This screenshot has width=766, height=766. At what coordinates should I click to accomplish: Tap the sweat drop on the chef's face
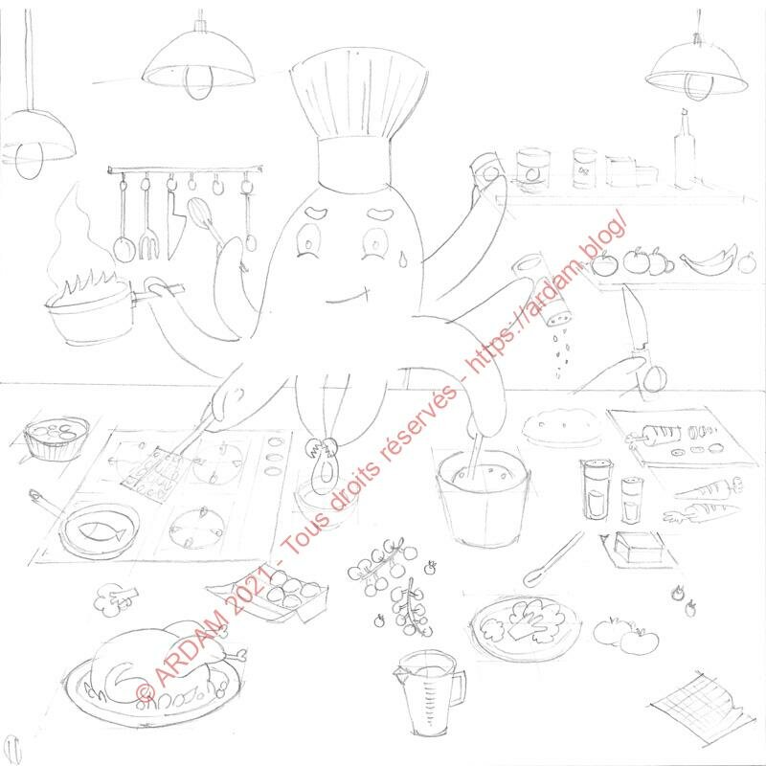(x=402, y=259)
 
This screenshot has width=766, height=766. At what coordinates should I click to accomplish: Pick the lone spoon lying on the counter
(x=553, y=559)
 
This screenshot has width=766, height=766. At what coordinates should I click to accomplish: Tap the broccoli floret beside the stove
(x=115, y=599)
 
